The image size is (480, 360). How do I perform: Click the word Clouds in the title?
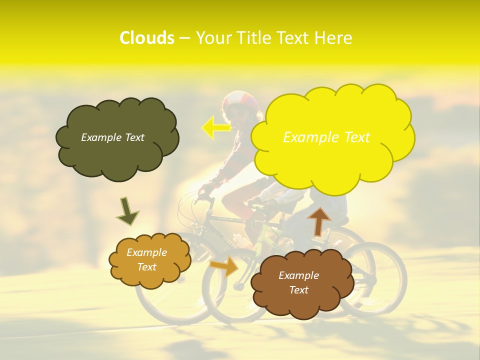146,38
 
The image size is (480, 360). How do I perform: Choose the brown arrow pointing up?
318,220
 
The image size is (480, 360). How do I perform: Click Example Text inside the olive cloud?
112,137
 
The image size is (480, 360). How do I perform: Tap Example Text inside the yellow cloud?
326,137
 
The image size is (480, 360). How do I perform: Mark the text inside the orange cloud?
147,260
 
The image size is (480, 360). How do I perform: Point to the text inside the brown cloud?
298,282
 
